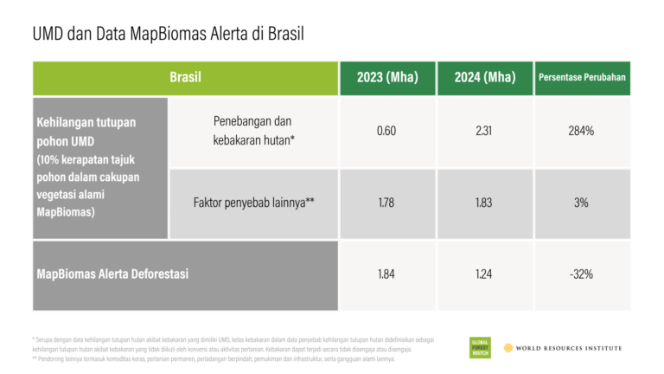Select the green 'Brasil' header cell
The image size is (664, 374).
(x=185, y=78)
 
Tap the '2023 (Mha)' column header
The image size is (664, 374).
(x=386, y=78)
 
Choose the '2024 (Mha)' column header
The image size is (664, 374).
(x=484, y=78)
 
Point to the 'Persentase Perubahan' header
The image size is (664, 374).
(x=582, y=78)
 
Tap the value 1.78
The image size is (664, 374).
(x=386, y=203)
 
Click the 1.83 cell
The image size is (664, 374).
(x=484, y=203)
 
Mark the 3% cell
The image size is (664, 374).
(x=582, y=203)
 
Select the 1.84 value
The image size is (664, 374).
(x=386, y=274)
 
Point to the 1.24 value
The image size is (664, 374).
(x=484, y=274)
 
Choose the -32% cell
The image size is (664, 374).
(x=582, y=274)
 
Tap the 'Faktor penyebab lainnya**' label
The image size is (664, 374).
(x=253, y=203)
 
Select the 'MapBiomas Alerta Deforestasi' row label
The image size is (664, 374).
(x=112, y=274)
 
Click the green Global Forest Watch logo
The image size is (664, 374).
(x=479, y=347)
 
